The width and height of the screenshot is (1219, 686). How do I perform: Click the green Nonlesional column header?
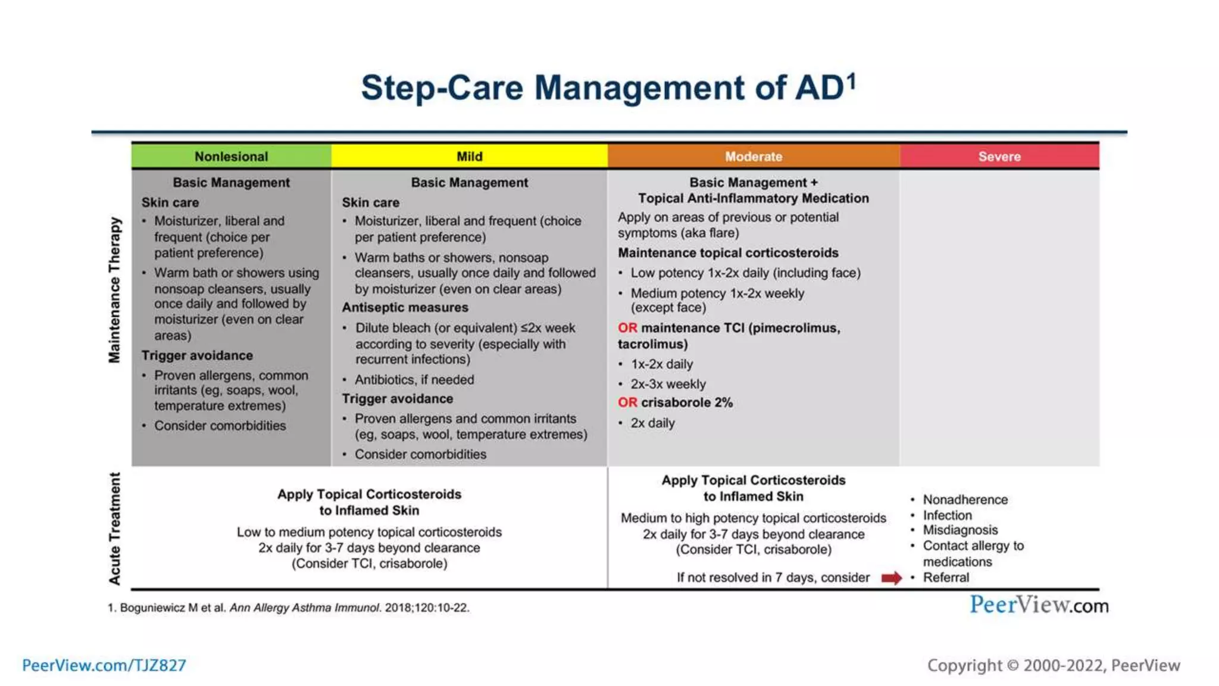coord(231,157)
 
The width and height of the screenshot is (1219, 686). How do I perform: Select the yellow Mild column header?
coord(469,157)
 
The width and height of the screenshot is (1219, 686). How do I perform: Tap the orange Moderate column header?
coord(753,157)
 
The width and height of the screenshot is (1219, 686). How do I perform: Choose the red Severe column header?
coord(999,157)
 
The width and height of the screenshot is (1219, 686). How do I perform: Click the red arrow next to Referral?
coord(891,578)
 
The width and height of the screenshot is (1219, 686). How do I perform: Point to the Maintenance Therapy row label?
coord(114,290)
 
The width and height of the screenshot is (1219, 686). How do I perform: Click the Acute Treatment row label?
coord(114,528)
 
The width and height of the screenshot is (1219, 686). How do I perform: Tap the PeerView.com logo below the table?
coord(1039,605)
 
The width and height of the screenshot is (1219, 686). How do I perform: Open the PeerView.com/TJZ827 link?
coord(104,665)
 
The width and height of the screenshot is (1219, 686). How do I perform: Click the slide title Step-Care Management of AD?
coord(608,88)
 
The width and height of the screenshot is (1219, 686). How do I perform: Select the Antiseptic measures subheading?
coord(405,308)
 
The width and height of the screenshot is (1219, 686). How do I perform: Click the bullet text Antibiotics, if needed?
coord(414,380)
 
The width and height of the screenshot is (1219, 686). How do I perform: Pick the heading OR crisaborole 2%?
coord(675,403)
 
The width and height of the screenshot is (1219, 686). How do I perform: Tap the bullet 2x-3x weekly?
coord(668,384)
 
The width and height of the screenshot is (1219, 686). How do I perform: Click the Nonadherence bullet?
coord(965,500)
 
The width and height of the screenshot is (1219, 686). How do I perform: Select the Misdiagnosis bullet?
coord(960,530)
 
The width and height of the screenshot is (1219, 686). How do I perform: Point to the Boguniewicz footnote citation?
coord(288,608)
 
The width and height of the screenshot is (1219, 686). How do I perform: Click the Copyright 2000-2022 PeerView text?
coord(1053,665)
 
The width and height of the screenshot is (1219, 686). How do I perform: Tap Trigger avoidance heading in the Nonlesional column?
coord(197,356)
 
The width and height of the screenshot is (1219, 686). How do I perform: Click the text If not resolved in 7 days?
coord(773,578)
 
